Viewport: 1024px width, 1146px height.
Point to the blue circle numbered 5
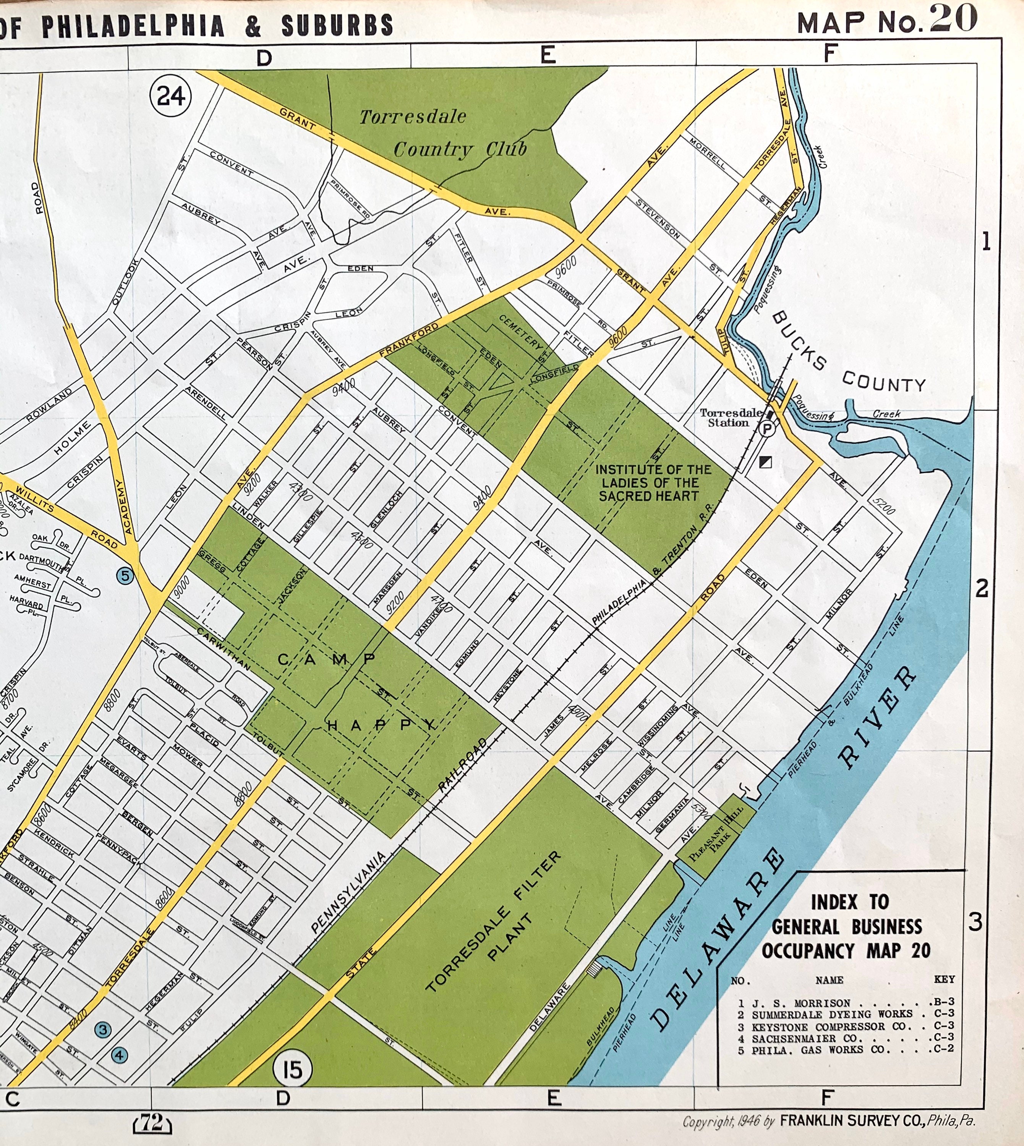(x=125, y=576)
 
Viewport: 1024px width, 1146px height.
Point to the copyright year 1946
(x=748, y=1121)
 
